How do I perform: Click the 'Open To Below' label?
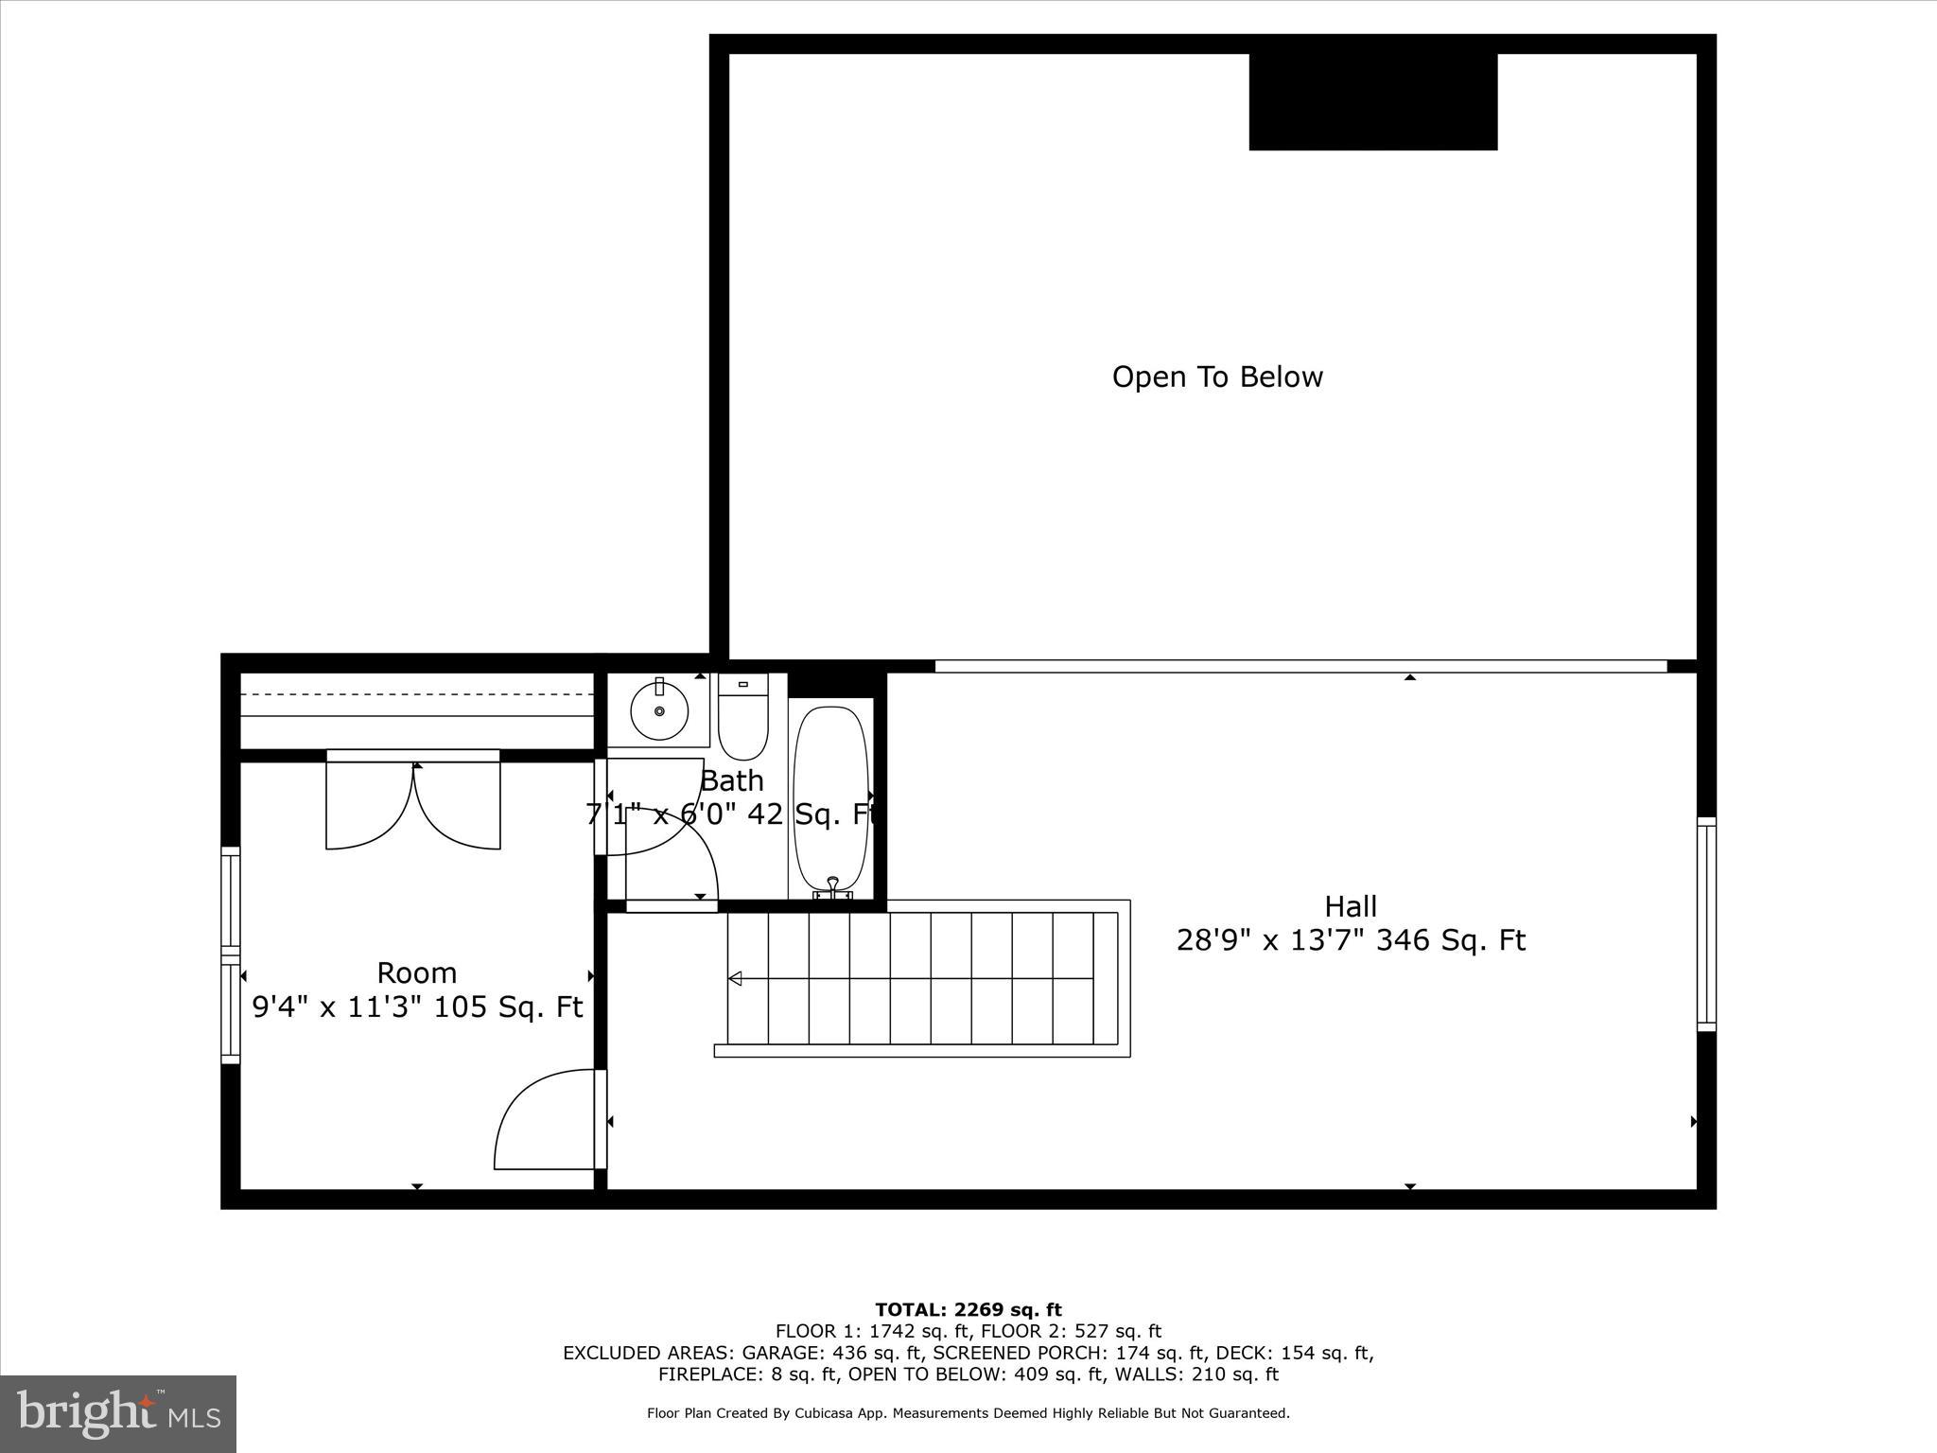tap(1217, 376)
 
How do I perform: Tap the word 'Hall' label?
tap(1350, 906)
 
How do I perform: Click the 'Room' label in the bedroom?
tap(416, 972)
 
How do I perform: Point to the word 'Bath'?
tap(732, 780)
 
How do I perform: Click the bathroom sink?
tap(658, 710)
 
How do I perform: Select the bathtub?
tap(830, 799)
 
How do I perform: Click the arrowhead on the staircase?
tap(735, 978)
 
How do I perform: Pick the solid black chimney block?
tap(1372, 101)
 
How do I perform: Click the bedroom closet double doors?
tap(413, 804)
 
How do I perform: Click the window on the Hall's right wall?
tap(1706, 924)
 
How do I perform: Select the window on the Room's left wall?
tap(231, 954)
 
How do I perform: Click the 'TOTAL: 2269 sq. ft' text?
tap(968, 1310)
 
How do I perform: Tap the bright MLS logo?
tap(118, 1413)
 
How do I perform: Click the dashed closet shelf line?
tap(416, 694)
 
